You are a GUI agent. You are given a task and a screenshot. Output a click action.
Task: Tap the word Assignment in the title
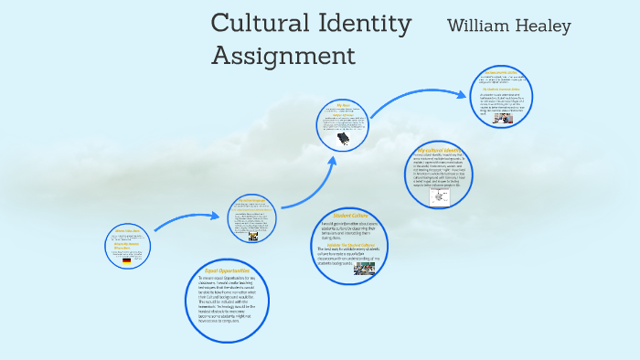pos(283,56)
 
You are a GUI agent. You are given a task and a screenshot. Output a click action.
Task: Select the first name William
pos(479,26)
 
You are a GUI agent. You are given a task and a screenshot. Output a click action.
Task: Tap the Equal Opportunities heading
pos(226,271)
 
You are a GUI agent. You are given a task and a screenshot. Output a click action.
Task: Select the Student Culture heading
pos(348,216)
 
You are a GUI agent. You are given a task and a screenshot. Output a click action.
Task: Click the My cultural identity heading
pos(440,149)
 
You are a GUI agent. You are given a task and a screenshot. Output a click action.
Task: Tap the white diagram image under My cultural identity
pos(440,197)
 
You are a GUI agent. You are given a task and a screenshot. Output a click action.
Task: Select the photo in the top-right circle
pos(503,118)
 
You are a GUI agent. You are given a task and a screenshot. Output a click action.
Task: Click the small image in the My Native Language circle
pos(253,236)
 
